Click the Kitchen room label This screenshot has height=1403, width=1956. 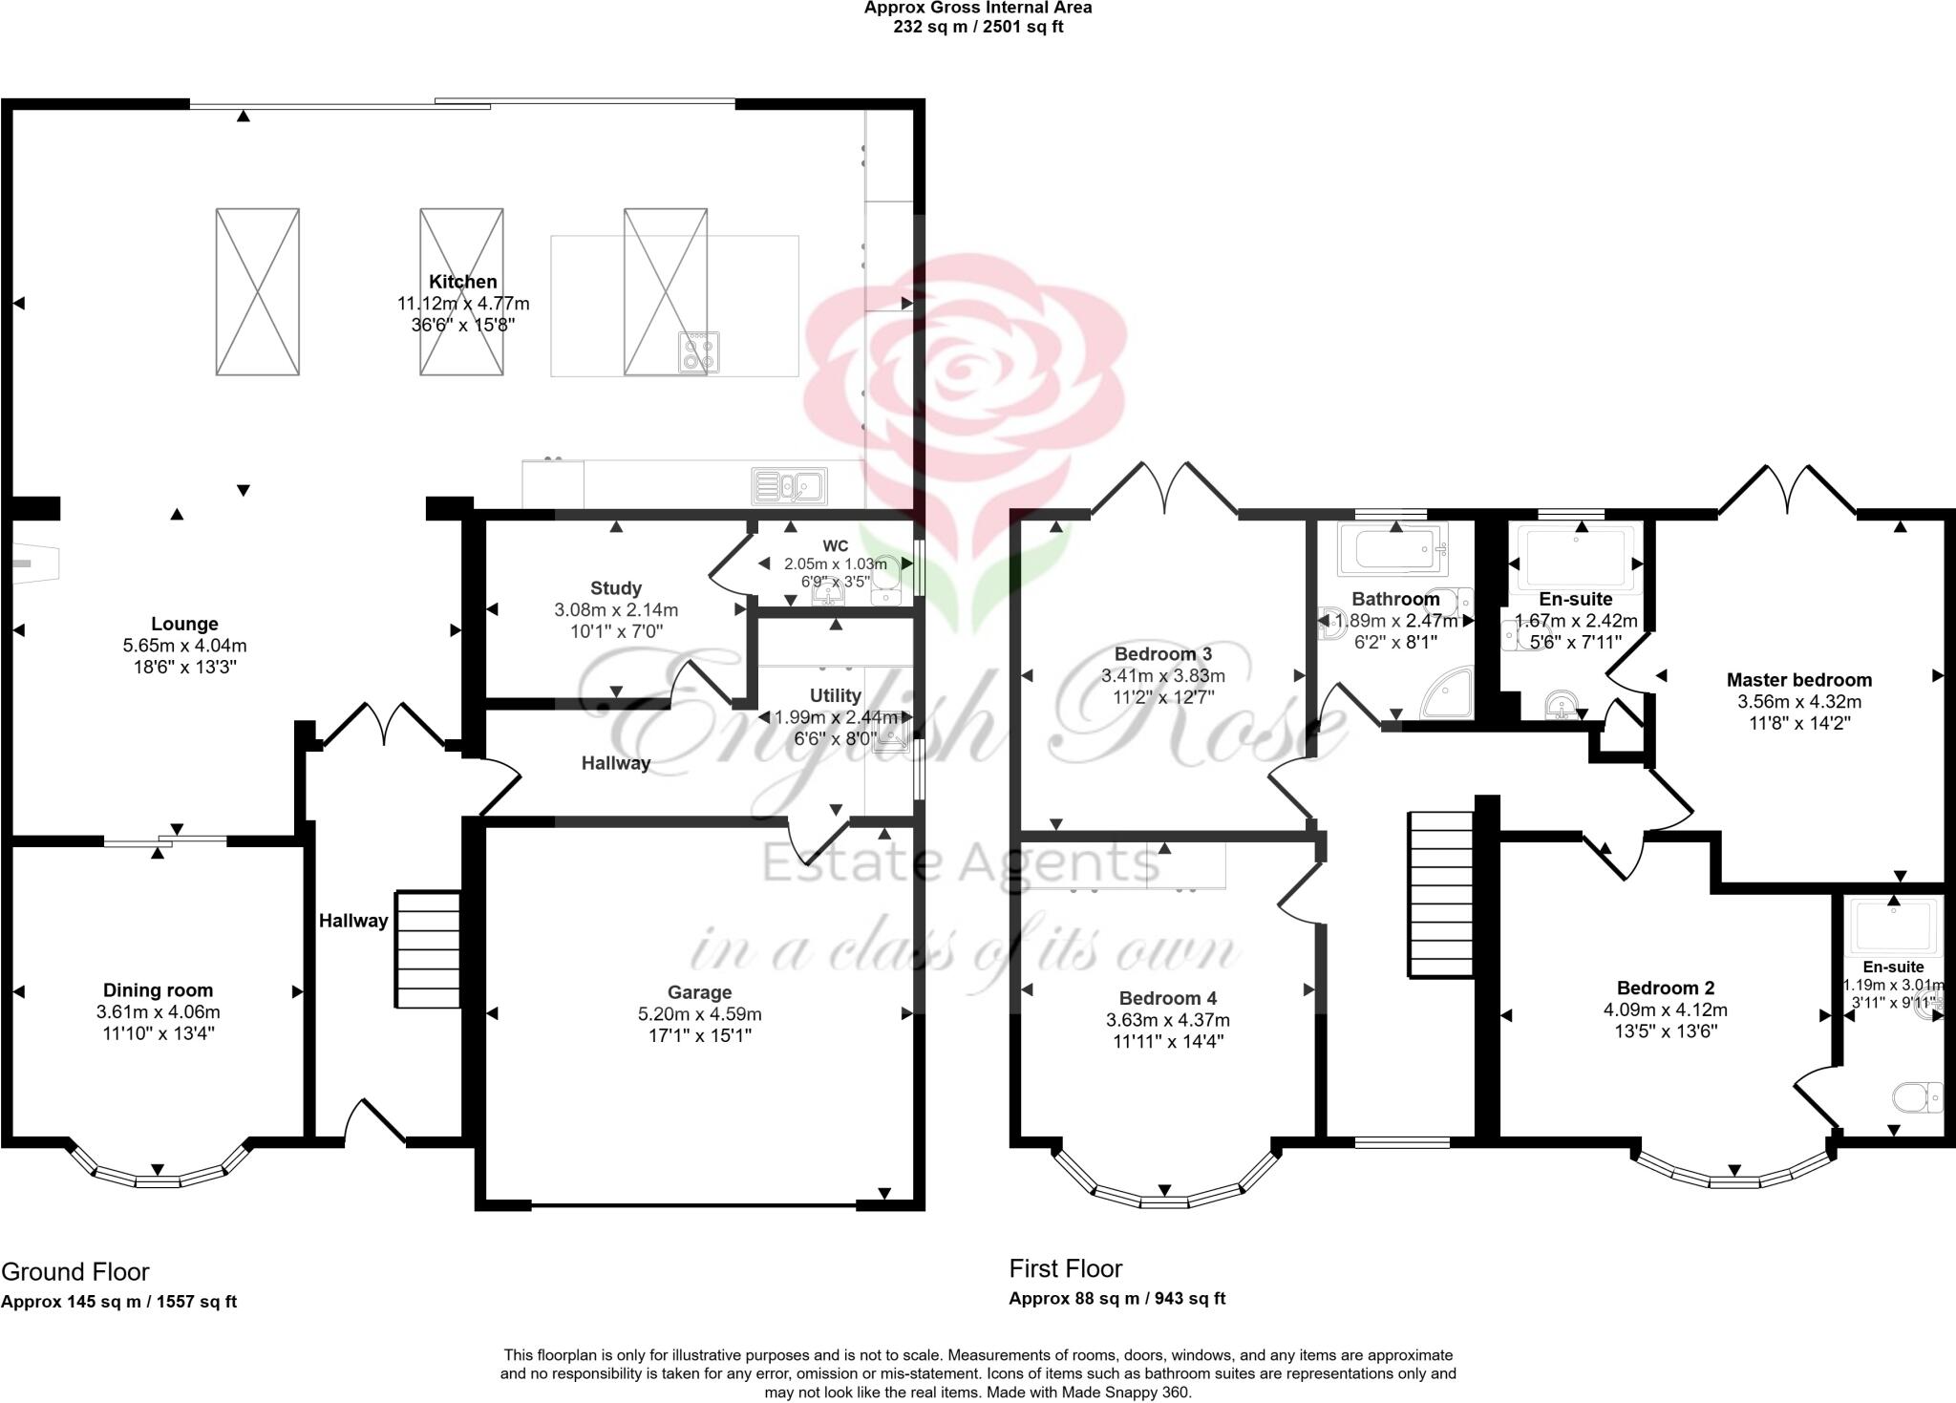pyautogui.click(x=462, y=282)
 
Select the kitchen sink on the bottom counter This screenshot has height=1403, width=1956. pyautogui.click(x=789, y=485)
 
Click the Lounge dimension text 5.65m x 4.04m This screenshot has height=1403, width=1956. pyautogui.click(x=184, y=646)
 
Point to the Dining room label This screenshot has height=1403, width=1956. pyautogui.click(x=158, y=990)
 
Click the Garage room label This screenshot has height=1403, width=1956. pyautogui.click(x=699, y=992)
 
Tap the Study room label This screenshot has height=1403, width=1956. pyautogui.click(x=615, y=588)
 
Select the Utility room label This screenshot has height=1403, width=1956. pyautogui.click(x=835, y=695)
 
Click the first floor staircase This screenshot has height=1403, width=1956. pyautogui.click(x=1441, y=894)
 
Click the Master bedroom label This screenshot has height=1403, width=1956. pyautogui.click(x=1798, y=680)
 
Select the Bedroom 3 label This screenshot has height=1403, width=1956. pyautogui.click(x=1162, y=654)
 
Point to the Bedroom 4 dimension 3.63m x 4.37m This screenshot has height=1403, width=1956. pyautogui.click(x=1168, y=1020)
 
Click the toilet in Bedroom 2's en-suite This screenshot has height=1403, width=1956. pyautogui.click(x=1917, y=1097)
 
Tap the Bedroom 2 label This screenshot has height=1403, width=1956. pyautogui.click(x=1665, y=988)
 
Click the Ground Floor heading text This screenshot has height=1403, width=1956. pyautogui.click(x=75, y=1272)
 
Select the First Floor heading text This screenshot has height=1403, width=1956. pyautogui.click(x=1066, y=1268)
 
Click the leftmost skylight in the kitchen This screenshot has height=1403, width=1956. pyautogui.click(x=257, y=291)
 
